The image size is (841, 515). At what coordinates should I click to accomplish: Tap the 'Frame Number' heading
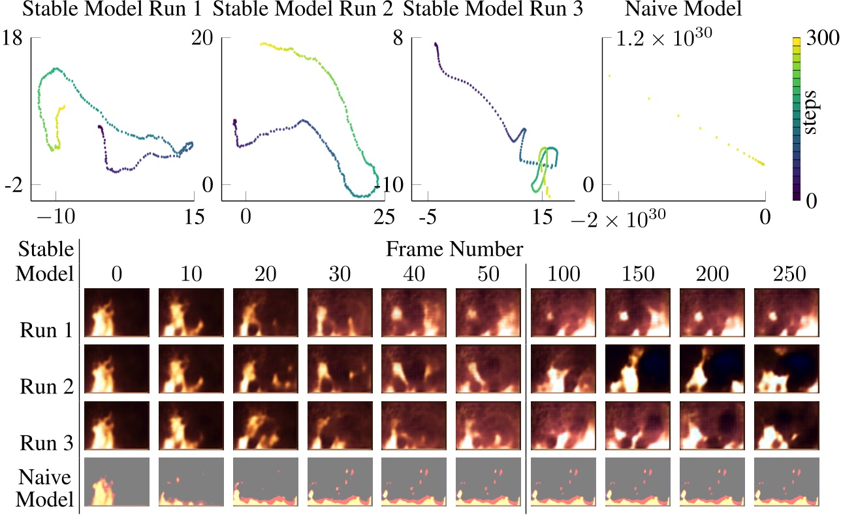point(454,249)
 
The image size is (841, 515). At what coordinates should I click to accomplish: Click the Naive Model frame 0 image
point(117,482)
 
